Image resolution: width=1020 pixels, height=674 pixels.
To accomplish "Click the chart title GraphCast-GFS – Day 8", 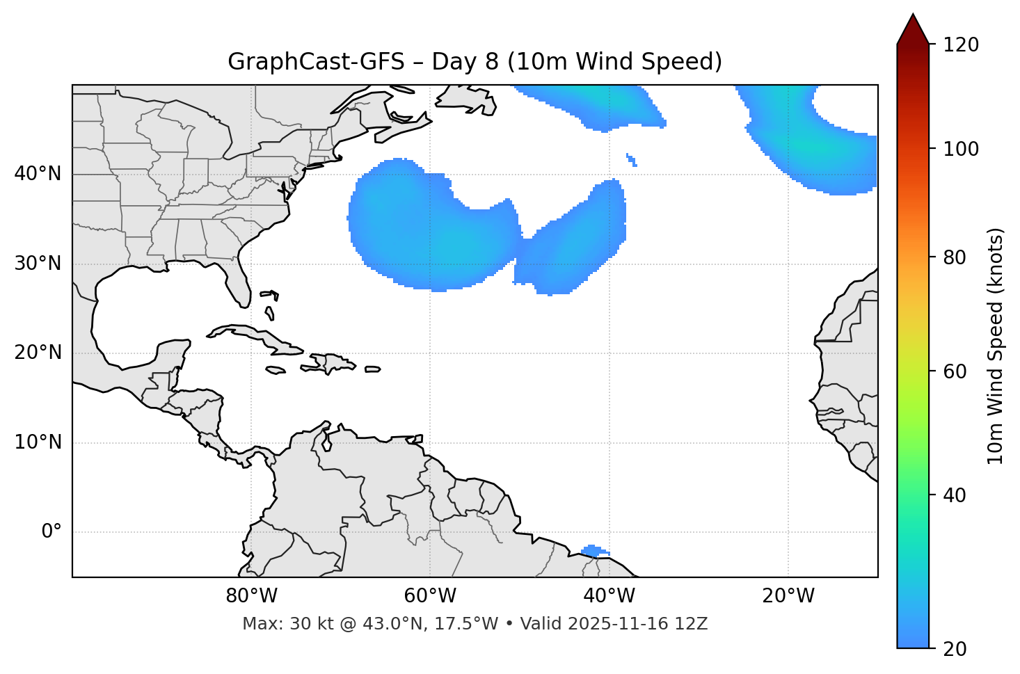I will [x=475, y=62].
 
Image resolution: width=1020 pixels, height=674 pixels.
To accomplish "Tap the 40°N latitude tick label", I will [x=38, y=174].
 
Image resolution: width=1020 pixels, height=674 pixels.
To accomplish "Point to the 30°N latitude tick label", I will [x=38, y=264].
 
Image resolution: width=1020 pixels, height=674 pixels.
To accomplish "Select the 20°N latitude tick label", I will [x=38, y=353].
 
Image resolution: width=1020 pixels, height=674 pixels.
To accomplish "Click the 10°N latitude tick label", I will [x=38, y=442].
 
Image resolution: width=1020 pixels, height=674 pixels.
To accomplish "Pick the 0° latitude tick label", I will [x=51, y=532].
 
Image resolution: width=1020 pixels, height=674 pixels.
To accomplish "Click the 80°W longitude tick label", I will [x=252, y=596].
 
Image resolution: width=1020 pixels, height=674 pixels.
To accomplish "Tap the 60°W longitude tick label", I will [x=431, y=596].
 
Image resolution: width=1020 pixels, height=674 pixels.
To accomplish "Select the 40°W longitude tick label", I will [x=609, y=596].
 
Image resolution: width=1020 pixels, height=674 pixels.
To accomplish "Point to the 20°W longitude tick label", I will [x=788, y=596].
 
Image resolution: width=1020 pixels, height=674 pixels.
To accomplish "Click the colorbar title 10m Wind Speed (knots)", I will [x=996, y=346].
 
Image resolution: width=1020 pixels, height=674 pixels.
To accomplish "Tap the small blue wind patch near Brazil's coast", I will [x=594, y=551].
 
